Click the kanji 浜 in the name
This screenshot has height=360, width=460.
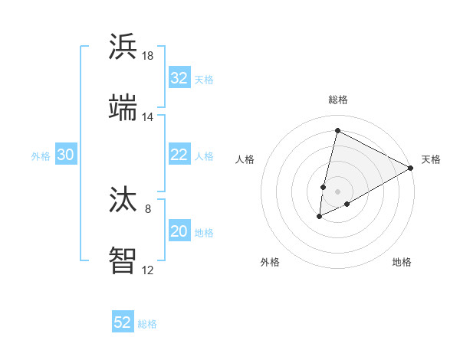[x=123, y=47]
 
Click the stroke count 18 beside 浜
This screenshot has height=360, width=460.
[x=148, y=56]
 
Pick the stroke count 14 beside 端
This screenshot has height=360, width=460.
[x=148, y=116]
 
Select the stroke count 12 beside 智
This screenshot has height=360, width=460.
[x=148, y=270]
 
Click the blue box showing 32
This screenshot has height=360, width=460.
[x=179, y=78]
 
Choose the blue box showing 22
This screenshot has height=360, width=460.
[x=179, y=155]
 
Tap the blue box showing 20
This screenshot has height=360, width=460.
[x=179, y=231]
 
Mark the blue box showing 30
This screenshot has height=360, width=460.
[x=66, y=155]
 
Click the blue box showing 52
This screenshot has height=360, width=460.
[x=123, y=322]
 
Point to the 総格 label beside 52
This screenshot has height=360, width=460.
[x=147, y=323]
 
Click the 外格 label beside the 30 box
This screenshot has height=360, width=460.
[x=41, y=155]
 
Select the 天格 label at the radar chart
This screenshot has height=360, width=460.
[x=431, y=159]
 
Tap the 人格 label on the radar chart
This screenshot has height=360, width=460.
[x=245, y=159]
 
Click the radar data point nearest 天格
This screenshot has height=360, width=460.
[x=411, y=168]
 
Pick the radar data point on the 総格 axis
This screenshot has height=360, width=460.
[x=337, y=130]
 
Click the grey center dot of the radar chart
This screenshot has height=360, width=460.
[x=337, y=191]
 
